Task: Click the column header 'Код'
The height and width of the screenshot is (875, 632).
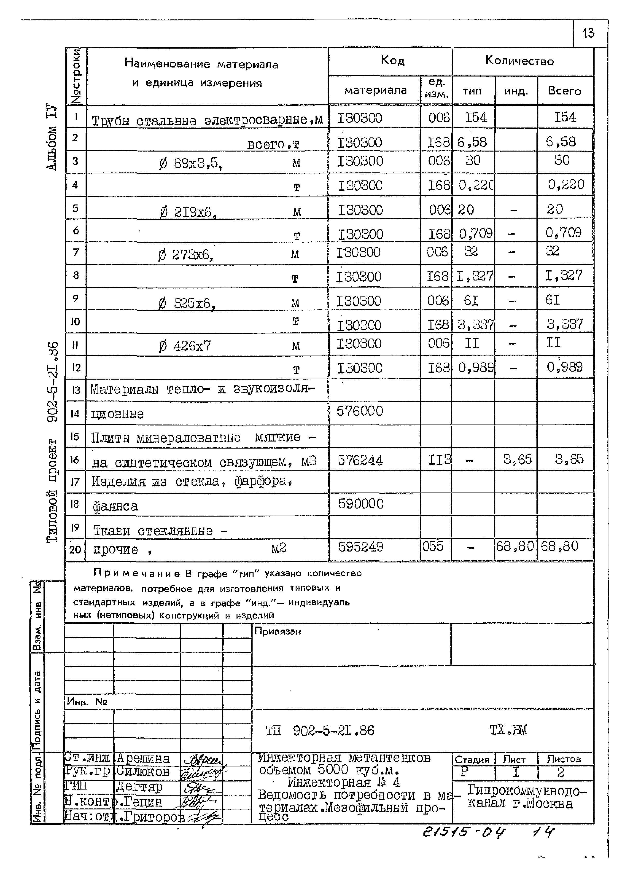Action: [x=392, y=60]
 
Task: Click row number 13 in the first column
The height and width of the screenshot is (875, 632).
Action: [x=76, y=390]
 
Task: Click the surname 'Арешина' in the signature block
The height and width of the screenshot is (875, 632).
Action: [x=143, y=758]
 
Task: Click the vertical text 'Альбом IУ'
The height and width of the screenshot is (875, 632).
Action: [x=52, y=137]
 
